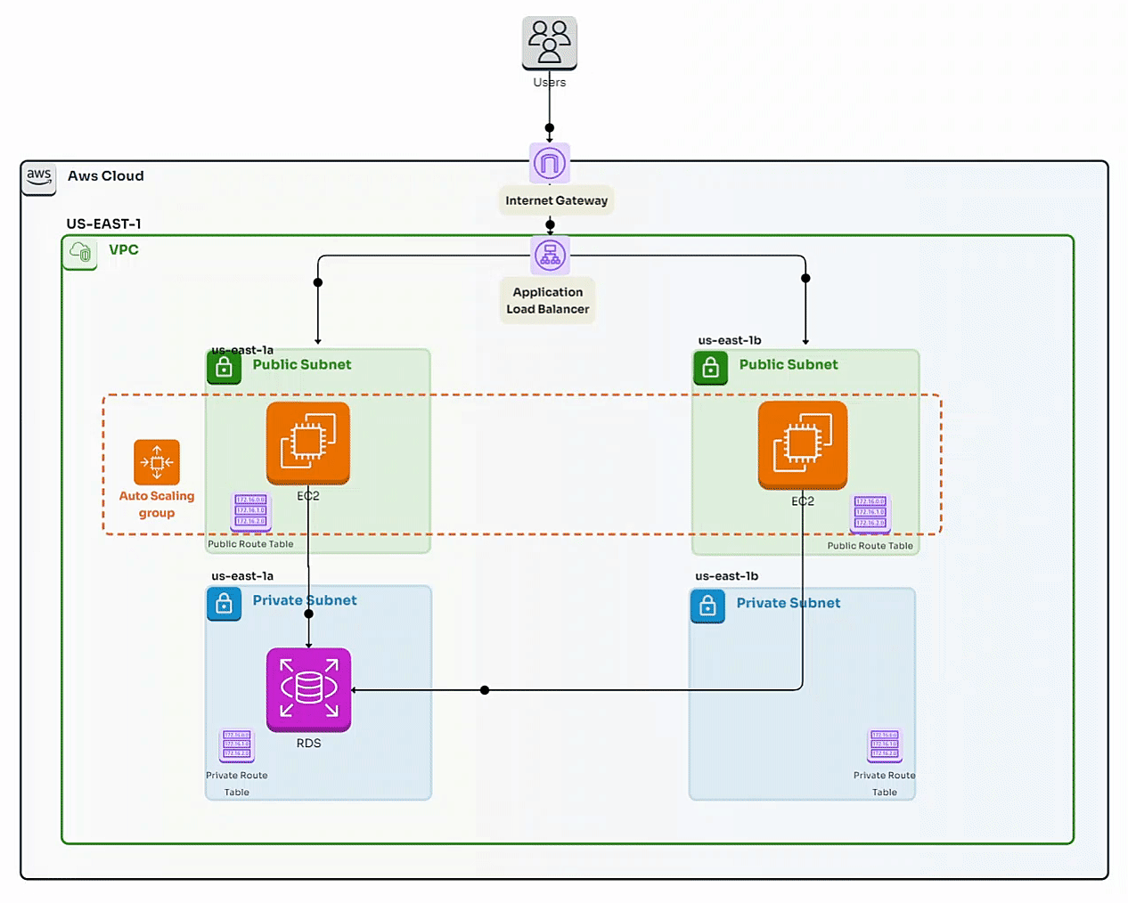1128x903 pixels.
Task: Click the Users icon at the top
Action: coord(549,42)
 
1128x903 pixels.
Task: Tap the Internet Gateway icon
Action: coord(550,163)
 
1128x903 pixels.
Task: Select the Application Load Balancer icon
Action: coord(550,256)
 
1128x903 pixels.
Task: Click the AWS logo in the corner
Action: coord(39,177)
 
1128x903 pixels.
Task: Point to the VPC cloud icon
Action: coord(80,253)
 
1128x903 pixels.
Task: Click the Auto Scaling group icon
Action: coord(157,462)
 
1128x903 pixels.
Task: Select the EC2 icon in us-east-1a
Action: coord(308,443)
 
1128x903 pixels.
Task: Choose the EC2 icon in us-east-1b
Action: coord(802,444)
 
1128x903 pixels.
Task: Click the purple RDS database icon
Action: coord(308,689)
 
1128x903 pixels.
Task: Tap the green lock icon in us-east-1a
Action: coord(224,367)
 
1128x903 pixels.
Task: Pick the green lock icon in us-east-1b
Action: coord(710,367)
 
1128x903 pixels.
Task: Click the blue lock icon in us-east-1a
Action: coord(224,604)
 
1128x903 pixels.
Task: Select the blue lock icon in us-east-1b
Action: coord(707,606)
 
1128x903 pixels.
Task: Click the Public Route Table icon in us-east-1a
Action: coord(250,511)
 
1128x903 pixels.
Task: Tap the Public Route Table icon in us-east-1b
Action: coord(871,513)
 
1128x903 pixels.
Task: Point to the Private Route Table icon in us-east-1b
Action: coord(885,745)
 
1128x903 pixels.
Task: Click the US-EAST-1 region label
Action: coord(103,224)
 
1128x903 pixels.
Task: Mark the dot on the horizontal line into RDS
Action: coord(485,690)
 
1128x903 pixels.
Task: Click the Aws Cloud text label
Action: coord(105,176)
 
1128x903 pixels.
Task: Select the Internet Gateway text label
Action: coord(556,200)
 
